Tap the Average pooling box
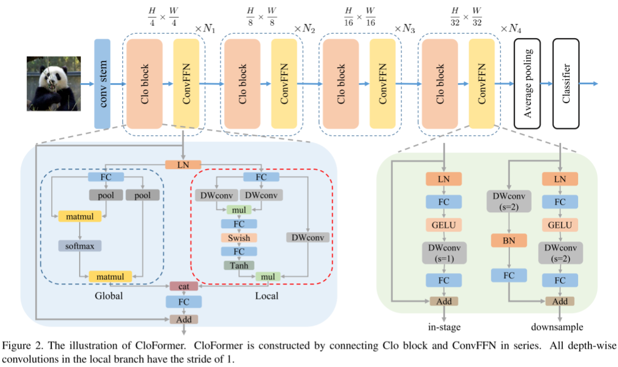coord(526,84)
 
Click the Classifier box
coord(566,84)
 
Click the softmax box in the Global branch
coord(80,246)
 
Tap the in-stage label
coord(443,327)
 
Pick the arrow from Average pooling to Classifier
coord(546,84)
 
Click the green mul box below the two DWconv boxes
coord(239,209)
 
